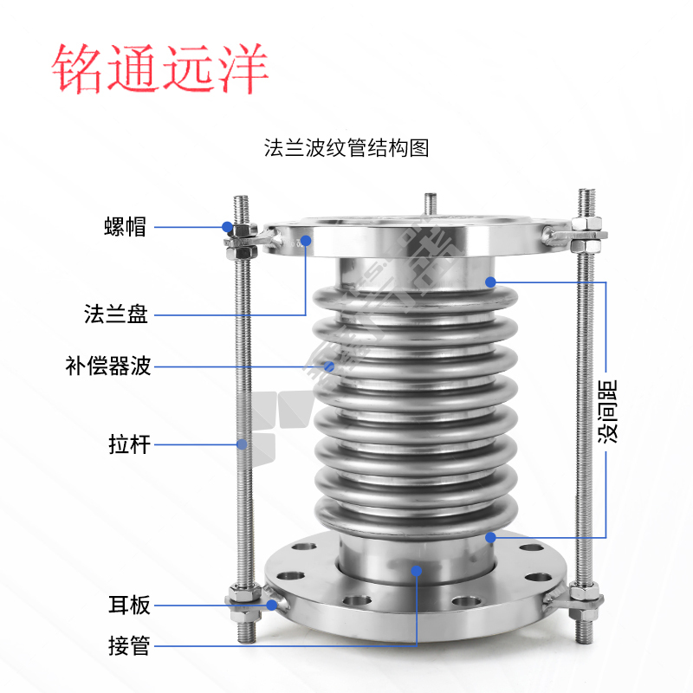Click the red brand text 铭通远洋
[160, 68]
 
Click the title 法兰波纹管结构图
[346, 147]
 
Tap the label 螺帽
[125, 227]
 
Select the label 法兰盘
[116, 314]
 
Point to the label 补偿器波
[108, 366]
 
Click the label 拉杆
[129, 444]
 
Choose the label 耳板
[129, 605]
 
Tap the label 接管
[129, 645]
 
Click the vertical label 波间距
[607, 411]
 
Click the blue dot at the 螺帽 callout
[227, 227]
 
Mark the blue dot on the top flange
[306, 241]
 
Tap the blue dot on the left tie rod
[242, 444]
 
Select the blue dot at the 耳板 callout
[272, 605]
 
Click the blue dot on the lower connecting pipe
[417, 571]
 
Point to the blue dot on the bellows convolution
[329, 366]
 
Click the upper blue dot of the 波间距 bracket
[490, 282]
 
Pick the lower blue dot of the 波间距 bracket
[490, 537]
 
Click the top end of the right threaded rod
[587, 190]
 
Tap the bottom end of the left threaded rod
[246, 641]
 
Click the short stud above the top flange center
[430, 204]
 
